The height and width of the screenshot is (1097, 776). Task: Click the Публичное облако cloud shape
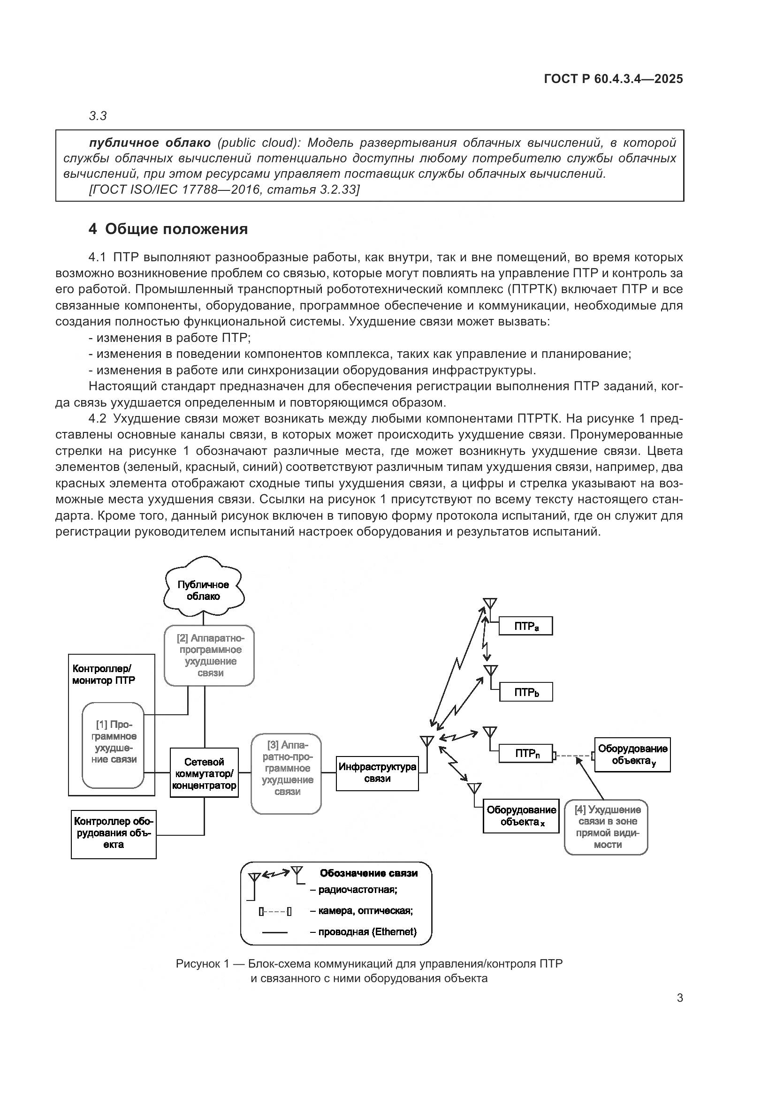click(x=204, y=590)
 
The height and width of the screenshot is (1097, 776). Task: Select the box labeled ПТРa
click(x=525, y=626)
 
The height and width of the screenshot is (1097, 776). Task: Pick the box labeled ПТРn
click(x=525, y=754)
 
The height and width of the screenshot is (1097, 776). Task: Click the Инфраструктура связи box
click(x=377, y=772)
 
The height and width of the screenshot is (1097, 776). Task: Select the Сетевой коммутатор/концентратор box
click(x=204, y=772)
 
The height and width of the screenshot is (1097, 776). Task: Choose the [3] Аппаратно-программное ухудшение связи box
click(x=286, y=773)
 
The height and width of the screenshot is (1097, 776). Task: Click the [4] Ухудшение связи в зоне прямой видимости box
click(x=606, y=827)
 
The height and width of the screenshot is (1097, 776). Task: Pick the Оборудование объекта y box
click(x=632, y=755)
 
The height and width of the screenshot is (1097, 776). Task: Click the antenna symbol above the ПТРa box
click(x=490, y=603)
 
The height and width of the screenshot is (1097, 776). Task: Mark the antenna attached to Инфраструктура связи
click(x=426, y=741)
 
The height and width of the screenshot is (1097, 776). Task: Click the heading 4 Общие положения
click(x=168, y=229)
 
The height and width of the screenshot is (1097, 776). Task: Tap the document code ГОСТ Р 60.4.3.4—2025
click(x=613, y=79)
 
